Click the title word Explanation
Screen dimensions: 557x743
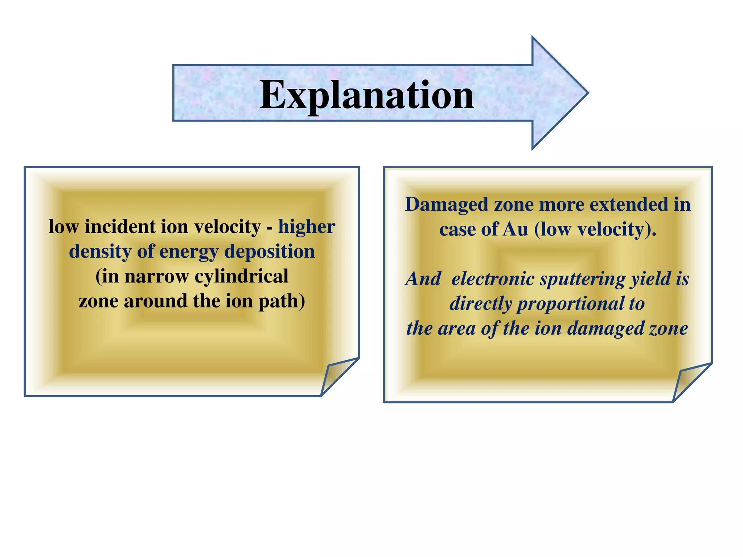pyautogui.click(x=366, y=95)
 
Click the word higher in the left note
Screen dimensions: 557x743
pyautogui.click(x=307, y=227)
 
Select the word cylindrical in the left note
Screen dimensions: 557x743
pyautogui.click(x=242, y=277)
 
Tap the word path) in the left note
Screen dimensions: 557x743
pyautogui.click(x=282, y=301)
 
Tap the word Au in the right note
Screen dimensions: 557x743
pyautogui.click(x=516, y=230)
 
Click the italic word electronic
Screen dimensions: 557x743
pyautogui.click(x=493, y=279)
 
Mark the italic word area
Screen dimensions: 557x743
pyautogui.click(x=457, y=329)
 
